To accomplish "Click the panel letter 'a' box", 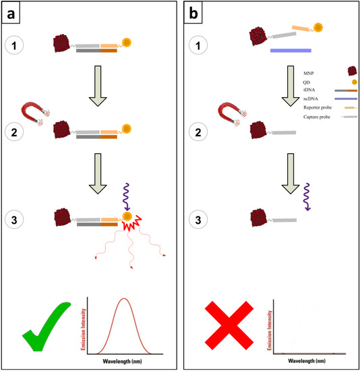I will (11, 12).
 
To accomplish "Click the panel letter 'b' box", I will (195, 12).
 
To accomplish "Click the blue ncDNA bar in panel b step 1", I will (290, 50).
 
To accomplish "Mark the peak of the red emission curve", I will (123, 299).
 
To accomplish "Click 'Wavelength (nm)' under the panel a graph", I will (122, 362).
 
